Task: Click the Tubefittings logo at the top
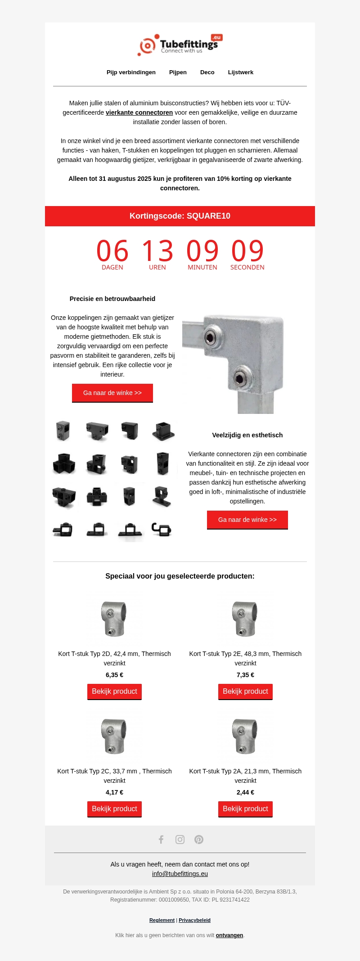pyautogui.click(x=180, y=45)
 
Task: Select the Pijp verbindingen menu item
pyautogui.click(x=131, y=72)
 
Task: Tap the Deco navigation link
pyautogui.click(x=207, y=72)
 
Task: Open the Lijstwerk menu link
pyautogui.click(x=240, y=72)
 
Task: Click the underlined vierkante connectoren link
pyautogui.click(x=139, y=112)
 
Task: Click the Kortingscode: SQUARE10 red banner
pyautogui.click(x=180, y=216)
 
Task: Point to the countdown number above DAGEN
pyautogui.click(x=112, y=251)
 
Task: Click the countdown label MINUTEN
pyautogui.click(x=202, y=267)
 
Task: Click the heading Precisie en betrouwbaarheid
pyautogui.click(x=112, y=299)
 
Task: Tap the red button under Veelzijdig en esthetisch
pyautogui.click(x=247, y=520)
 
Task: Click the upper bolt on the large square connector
pyautogui.click(x=211, y=337)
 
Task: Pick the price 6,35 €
pyautogui.click(x=114, y=675)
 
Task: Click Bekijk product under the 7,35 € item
pyautogui.click(x=245, y=692)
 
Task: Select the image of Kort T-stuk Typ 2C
pyautogui.click(x=114, y=736)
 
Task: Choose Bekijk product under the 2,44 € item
pyautogui.click(x=245, y=809)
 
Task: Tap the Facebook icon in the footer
pyautogui.click(x=161, y=840)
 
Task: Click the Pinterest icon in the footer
pyautogui.click(x=199, y=840)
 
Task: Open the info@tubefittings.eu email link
pyautogui.click(x=180, y=874)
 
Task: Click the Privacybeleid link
pyautogui.click(x=194, y=920)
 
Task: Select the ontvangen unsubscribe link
pyautogui.click(x=229, y=935)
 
